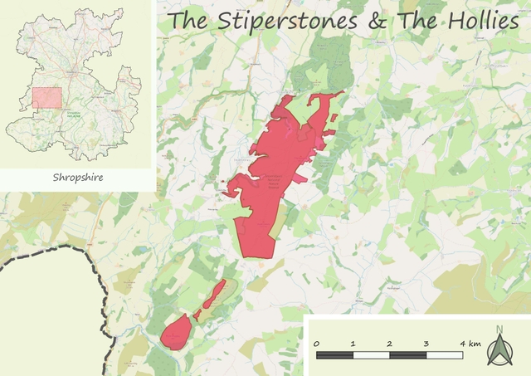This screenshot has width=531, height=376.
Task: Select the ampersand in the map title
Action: [x=376, y=22]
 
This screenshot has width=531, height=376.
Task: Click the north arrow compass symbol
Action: [x=499, y=350]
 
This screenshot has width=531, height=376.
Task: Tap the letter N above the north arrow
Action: [x=499, y=329]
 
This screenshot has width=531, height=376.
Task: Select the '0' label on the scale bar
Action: [x=316, y=344]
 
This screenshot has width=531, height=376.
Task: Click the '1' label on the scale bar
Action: [x=353, y=344]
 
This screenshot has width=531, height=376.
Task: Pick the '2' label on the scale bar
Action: [x=390, y=344]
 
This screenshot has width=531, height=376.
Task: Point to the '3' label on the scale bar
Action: [x=426, y=344]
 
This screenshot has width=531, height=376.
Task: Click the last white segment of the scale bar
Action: [x=445, y=355]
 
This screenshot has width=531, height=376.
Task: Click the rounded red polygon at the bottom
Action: [x=176, y=333]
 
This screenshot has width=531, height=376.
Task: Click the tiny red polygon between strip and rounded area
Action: [x=197, y=315]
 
